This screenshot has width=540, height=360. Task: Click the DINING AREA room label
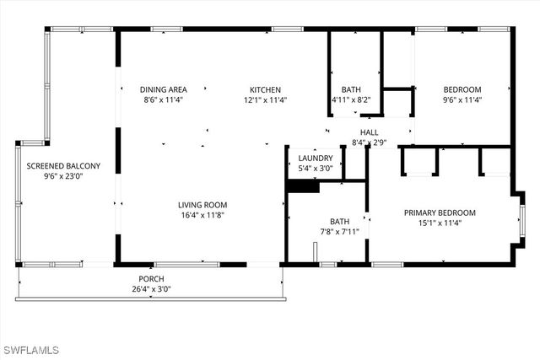(x=163, y=89)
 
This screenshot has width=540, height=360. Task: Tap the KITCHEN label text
(x=265, y=89)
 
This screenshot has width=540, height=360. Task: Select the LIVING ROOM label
(x=202, y=205)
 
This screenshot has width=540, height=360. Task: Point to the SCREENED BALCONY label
(x=63, y=166)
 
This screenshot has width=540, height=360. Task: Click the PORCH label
(x=151, y=279)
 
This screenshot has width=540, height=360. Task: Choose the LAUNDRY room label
(x=316, y=158)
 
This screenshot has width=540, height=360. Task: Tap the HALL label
(x=369, y=132)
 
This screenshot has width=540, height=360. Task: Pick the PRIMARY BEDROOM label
(x=440, y=212)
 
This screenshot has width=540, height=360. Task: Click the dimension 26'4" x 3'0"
(x=151, y=290)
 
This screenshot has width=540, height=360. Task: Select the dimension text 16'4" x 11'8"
(x=202, y=216)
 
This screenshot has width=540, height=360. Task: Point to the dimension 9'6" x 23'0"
(x=63, y=177)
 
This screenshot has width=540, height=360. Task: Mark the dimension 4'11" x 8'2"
(x=351, y=100)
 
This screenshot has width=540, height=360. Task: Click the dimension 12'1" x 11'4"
(x=265, y=100)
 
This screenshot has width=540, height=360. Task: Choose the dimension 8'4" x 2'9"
(x=369, y=143)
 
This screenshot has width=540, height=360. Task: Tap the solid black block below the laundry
(x=303, y=186)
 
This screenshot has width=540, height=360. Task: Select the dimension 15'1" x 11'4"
(x=440, y=223)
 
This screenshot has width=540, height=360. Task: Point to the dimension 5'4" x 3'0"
(x=316, y=169)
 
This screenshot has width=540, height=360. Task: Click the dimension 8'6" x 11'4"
(x=163, y=100)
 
